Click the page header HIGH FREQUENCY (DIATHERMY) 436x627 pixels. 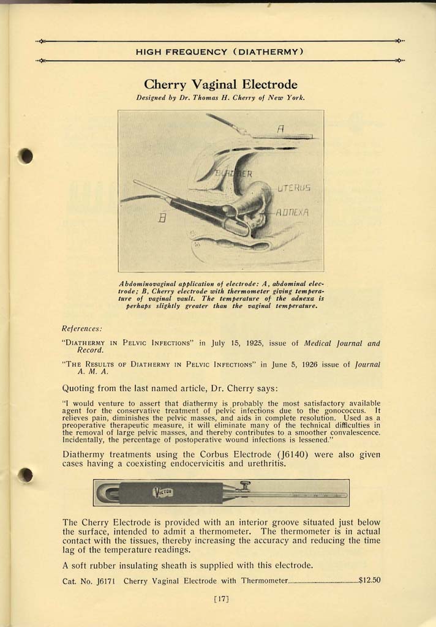[220, 51]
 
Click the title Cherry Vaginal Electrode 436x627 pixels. [220, 84]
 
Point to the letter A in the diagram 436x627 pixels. [280, 129]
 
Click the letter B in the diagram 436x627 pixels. [162, 217]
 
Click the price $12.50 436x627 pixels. [369, 580]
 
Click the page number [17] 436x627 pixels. [220, 599]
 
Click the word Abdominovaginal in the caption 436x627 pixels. [146, 285]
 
